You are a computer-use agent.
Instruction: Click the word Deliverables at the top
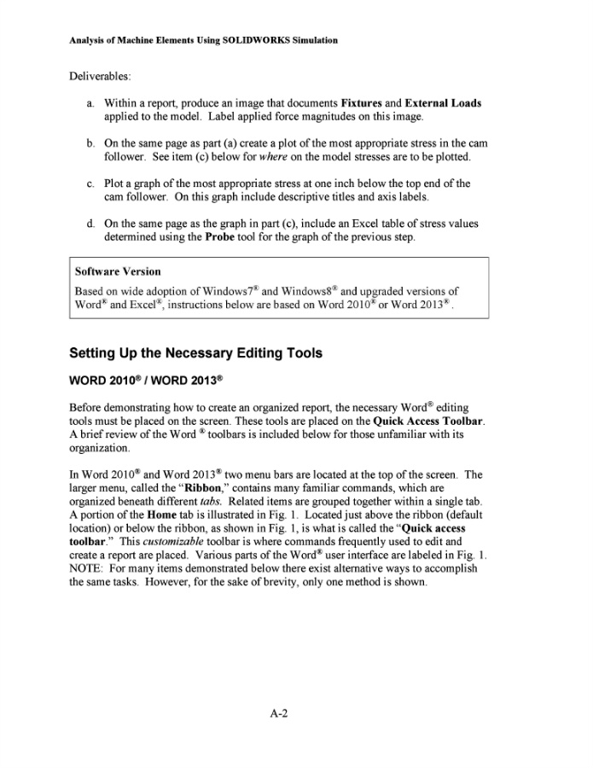pos(99,77)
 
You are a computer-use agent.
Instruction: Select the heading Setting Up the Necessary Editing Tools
pos(195,352)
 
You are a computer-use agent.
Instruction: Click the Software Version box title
pos(118,271)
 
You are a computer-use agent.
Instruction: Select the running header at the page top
pos(203,40)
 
